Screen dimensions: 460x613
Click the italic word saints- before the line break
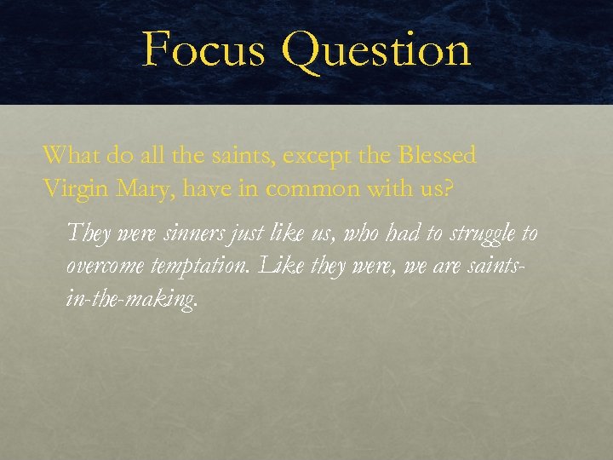[x=491, y=266]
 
